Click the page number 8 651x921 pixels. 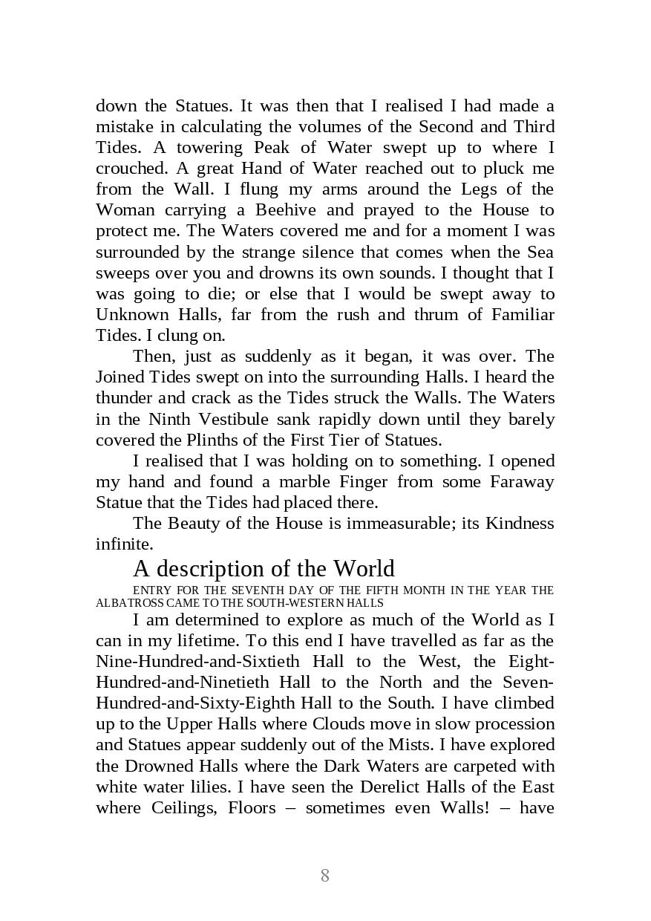tap(324, 875)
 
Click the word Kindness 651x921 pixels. tap(520, 523)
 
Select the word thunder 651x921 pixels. tap(125, 397)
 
